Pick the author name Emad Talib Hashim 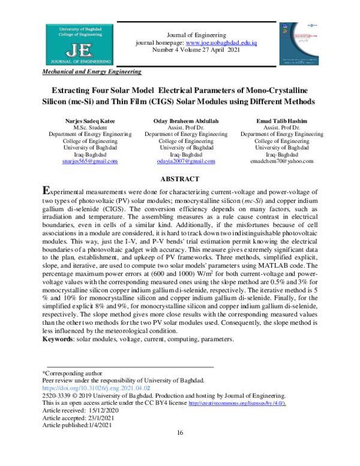click(280, 122)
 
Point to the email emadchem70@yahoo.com click(280, 162)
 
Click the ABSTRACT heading click(180, 179)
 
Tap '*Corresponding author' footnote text click(67, 373)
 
